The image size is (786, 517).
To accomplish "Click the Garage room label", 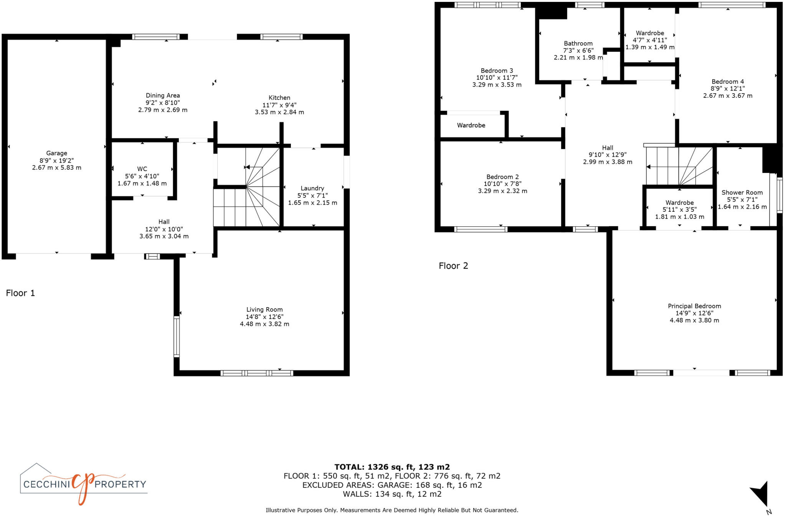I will point(56,153).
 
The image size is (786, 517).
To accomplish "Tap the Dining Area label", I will point(163,95).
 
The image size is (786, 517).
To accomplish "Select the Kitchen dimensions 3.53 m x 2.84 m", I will point(279,112).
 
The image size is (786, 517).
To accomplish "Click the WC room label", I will point(142,169).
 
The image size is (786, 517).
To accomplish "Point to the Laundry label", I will point(312,188).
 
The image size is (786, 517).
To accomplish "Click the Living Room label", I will point(264,310).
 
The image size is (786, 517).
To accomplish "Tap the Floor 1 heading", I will point(20,293).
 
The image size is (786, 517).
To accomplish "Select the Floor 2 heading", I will point(453,266).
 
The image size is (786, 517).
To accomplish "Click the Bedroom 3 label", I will point(497,71).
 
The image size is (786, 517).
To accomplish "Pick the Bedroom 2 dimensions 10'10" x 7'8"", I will point(502,184).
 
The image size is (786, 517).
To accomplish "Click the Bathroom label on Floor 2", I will point(578,43).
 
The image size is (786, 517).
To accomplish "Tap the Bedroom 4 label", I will point(728,82).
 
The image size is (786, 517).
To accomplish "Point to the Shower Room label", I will point(742,193).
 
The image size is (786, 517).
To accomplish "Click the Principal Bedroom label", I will point(694,306).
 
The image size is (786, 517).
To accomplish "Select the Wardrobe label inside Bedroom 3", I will point(471,125).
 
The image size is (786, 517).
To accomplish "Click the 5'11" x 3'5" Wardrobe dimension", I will point(679,210).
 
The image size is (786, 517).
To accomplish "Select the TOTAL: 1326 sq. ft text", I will point(392,467).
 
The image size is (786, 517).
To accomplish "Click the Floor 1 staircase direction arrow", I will point(247,167).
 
